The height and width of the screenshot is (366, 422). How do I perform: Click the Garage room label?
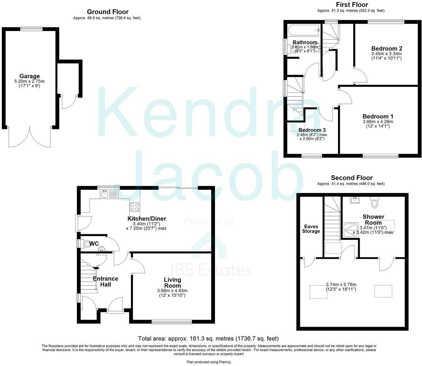pos(29,76)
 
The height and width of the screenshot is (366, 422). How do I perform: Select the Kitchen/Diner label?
pos(147,219)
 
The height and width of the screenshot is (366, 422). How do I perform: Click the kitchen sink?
pos(105,194)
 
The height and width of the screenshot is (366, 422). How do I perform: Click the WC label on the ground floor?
pos(94,244)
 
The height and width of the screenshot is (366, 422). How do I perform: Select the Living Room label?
pos(172,283)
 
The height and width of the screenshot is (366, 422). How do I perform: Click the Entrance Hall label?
pos(105,281)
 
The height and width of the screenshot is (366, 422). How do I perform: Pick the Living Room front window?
pos(172,322)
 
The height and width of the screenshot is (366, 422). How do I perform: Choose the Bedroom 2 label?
pos(387,49)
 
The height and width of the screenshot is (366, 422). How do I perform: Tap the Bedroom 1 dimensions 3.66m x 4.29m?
pos(377,122)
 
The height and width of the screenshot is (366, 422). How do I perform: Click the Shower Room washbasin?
pos(354,201)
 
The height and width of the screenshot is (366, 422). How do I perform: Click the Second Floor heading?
pos(352,178)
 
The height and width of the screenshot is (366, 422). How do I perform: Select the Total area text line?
pos(210,339)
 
